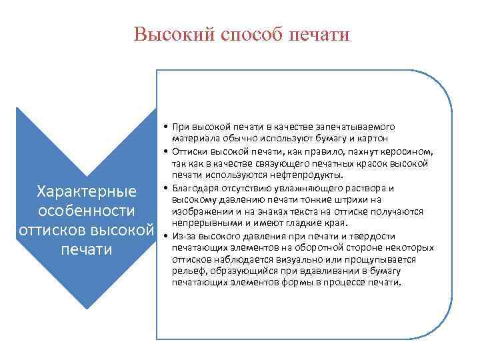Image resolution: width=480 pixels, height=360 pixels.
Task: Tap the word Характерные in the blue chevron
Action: pyautogui.click(x=87, y=192)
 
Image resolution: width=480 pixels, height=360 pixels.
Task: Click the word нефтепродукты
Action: pyautogui.click(x=294, y=175)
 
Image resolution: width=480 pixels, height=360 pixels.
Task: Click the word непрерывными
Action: pyautogui.click(x=203, y=223)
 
